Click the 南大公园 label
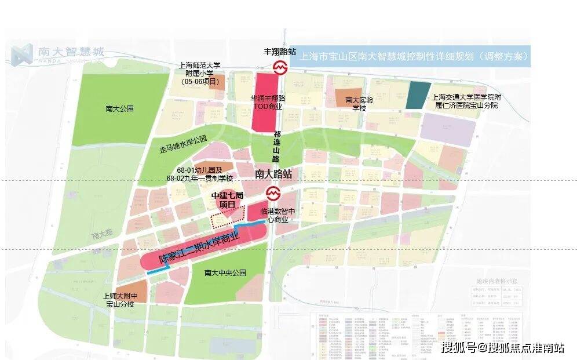[x=120, y=108]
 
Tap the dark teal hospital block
[x=419, y=95]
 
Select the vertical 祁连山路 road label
[x=276, y=146]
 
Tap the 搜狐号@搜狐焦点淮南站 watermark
[x=502, y=348]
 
